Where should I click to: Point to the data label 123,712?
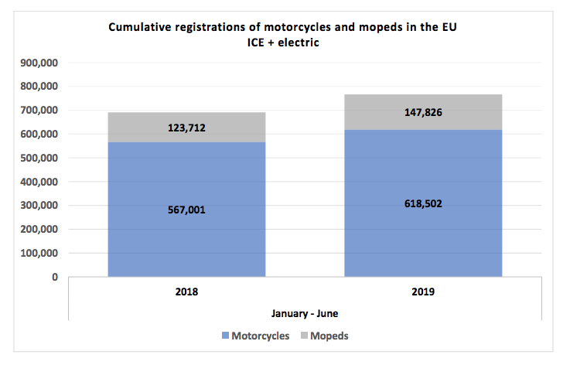[x=186, y=128]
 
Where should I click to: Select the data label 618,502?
[x=424, y=203]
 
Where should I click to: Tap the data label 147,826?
[x=424, y=113]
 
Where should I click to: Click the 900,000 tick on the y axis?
[x=38, y=63]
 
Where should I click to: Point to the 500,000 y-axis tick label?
[x=38, y=158]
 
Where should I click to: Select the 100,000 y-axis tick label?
[x=38, y=253]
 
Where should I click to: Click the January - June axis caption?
[x=305, y=313]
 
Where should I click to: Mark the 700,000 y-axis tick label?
[x=38, y=111]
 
